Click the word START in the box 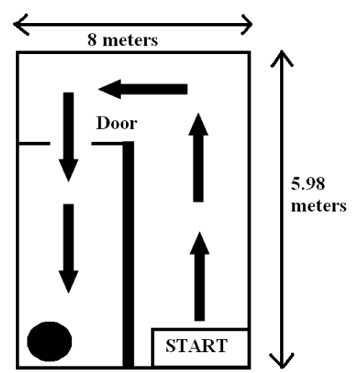tap(197, 346)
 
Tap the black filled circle tap(50, 341)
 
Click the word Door tap(117, 123)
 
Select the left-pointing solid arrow tap(143, 89)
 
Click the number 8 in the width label tap(92, 40)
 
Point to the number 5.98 tap(308, 184)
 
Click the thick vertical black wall tap(128, 254)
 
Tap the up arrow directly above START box tap(199, 277)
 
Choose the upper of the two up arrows tap(198, 158)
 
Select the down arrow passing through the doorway tap(68, 137)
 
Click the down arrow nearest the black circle tap(68, 248)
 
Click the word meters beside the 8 tap(130, 40)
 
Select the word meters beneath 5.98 tap(319, 206)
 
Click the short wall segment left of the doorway tap(35, 143)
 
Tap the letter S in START tap(170, 346)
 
